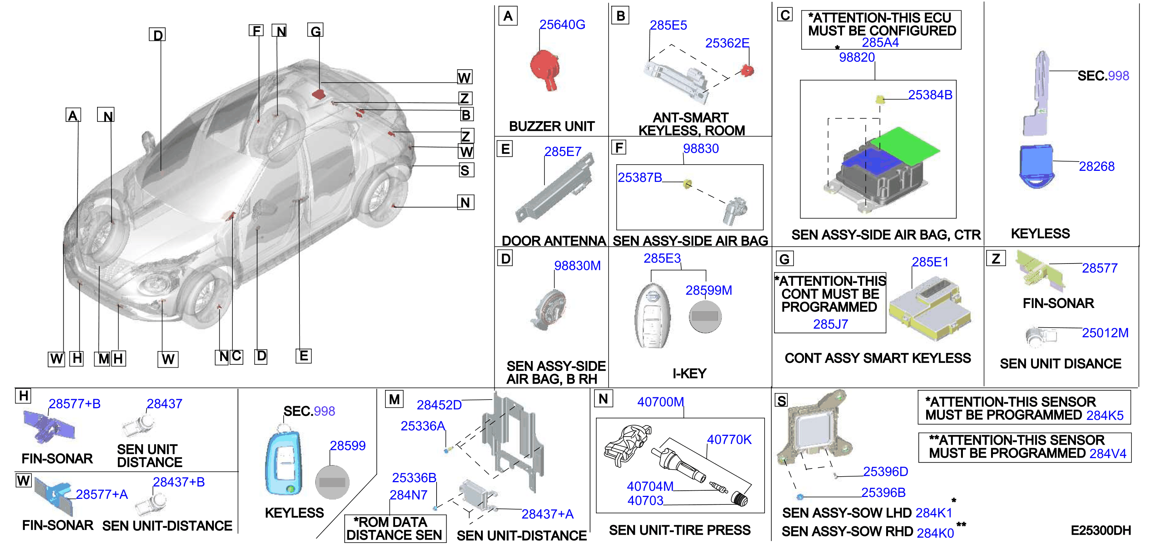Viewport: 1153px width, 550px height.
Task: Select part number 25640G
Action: pos(562,24)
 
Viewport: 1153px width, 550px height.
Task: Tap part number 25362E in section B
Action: pos(727,43)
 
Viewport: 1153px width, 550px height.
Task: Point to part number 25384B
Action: pos(930,95)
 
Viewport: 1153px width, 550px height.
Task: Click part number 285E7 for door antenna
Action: pos(563,152)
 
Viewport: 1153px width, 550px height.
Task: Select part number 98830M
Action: pos(577,266)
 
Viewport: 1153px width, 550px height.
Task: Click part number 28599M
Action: pos(709,291)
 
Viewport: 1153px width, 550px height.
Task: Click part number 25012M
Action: pos(1105,333)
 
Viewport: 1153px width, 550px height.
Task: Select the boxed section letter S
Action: pos(782,401)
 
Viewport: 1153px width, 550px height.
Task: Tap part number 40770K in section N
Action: pos(729,440)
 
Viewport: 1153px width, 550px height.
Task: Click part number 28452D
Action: pos(439,405)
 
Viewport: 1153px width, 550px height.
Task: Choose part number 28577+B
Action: pos(74,404)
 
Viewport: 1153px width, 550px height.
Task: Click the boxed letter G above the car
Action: pos(315,30)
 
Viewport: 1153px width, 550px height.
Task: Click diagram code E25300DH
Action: pos(1101,531)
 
